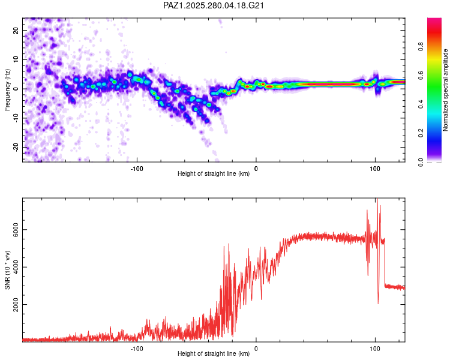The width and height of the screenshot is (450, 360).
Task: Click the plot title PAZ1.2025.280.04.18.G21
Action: (214, 5)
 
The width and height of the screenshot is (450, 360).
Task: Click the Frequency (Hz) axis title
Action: (7, 89)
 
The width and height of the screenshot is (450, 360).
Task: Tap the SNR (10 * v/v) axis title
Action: (7, 269)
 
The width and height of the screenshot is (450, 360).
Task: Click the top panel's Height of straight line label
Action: (214, 174)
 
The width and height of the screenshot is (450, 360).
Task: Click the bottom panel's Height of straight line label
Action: (214, 354)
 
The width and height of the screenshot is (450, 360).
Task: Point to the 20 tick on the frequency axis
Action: (16, 30)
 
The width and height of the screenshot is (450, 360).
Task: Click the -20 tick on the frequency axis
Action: (16, 148)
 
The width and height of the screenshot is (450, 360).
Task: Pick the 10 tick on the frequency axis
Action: (16, 59)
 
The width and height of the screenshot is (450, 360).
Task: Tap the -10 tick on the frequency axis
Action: (16, 118)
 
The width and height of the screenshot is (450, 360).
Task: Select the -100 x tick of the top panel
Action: (137, 169)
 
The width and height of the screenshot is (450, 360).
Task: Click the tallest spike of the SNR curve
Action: (377, 200)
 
